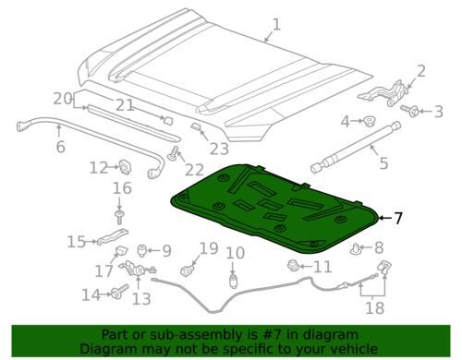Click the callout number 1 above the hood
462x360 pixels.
(x=274, y=24)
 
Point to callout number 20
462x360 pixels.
(x=62, y=99)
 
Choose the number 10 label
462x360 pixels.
(x=236, y=252)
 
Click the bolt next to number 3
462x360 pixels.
(x=413, y=112)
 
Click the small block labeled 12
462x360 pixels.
(x=122, y=167)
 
